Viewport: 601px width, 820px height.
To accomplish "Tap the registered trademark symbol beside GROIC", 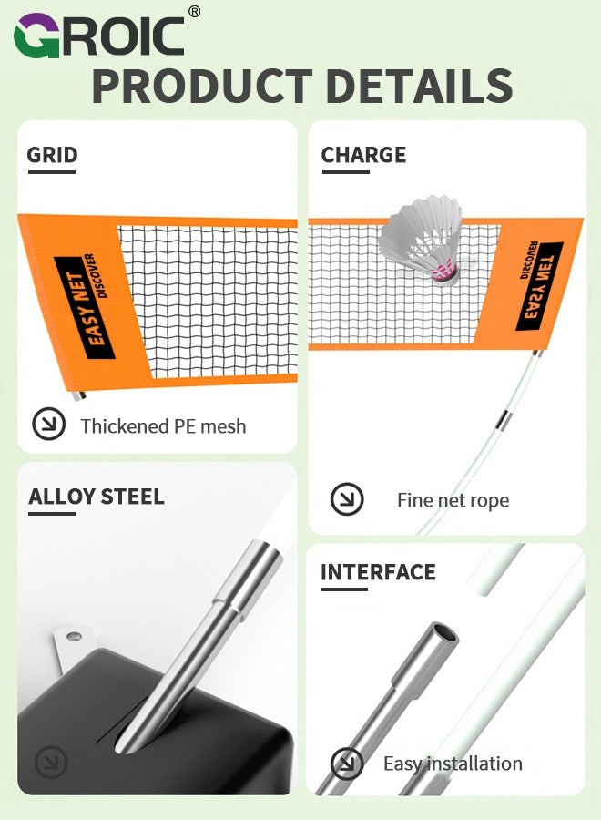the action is [194, 12].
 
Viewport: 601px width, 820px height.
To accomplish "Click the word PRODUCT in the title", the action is [202, 87].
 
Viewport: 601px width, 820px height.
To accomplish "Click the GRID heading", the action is [52, 155].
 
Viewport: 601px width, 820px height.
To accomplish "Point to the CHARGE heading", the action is [363, 155].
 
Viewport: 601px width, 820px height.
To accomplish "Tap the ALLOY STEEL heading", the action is [97, 497].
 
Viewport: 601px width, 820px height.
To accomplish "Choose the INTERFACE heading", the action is [378, 572].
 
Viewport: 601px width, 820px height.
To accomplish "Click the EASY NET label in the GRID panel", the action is [84, 308].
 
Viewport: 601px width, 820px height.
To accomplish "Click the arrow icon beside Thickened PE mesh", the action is [48, 423].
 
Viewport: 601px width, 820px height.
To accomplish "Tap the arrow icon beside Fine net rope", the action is [347, 498].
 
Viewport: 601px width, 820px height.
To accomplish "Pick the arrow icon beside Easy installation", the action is [347, 764].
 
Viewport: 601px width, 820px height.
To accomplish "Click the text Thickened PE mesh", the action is [163, 426].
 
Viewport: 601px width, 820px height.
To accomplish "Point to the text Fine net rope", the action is [453, 500].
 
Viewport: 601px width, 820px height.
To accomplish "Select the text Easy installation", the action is [453, 764].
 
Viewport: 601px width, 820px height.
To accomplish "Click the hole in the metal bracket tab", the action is [74, 637].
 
